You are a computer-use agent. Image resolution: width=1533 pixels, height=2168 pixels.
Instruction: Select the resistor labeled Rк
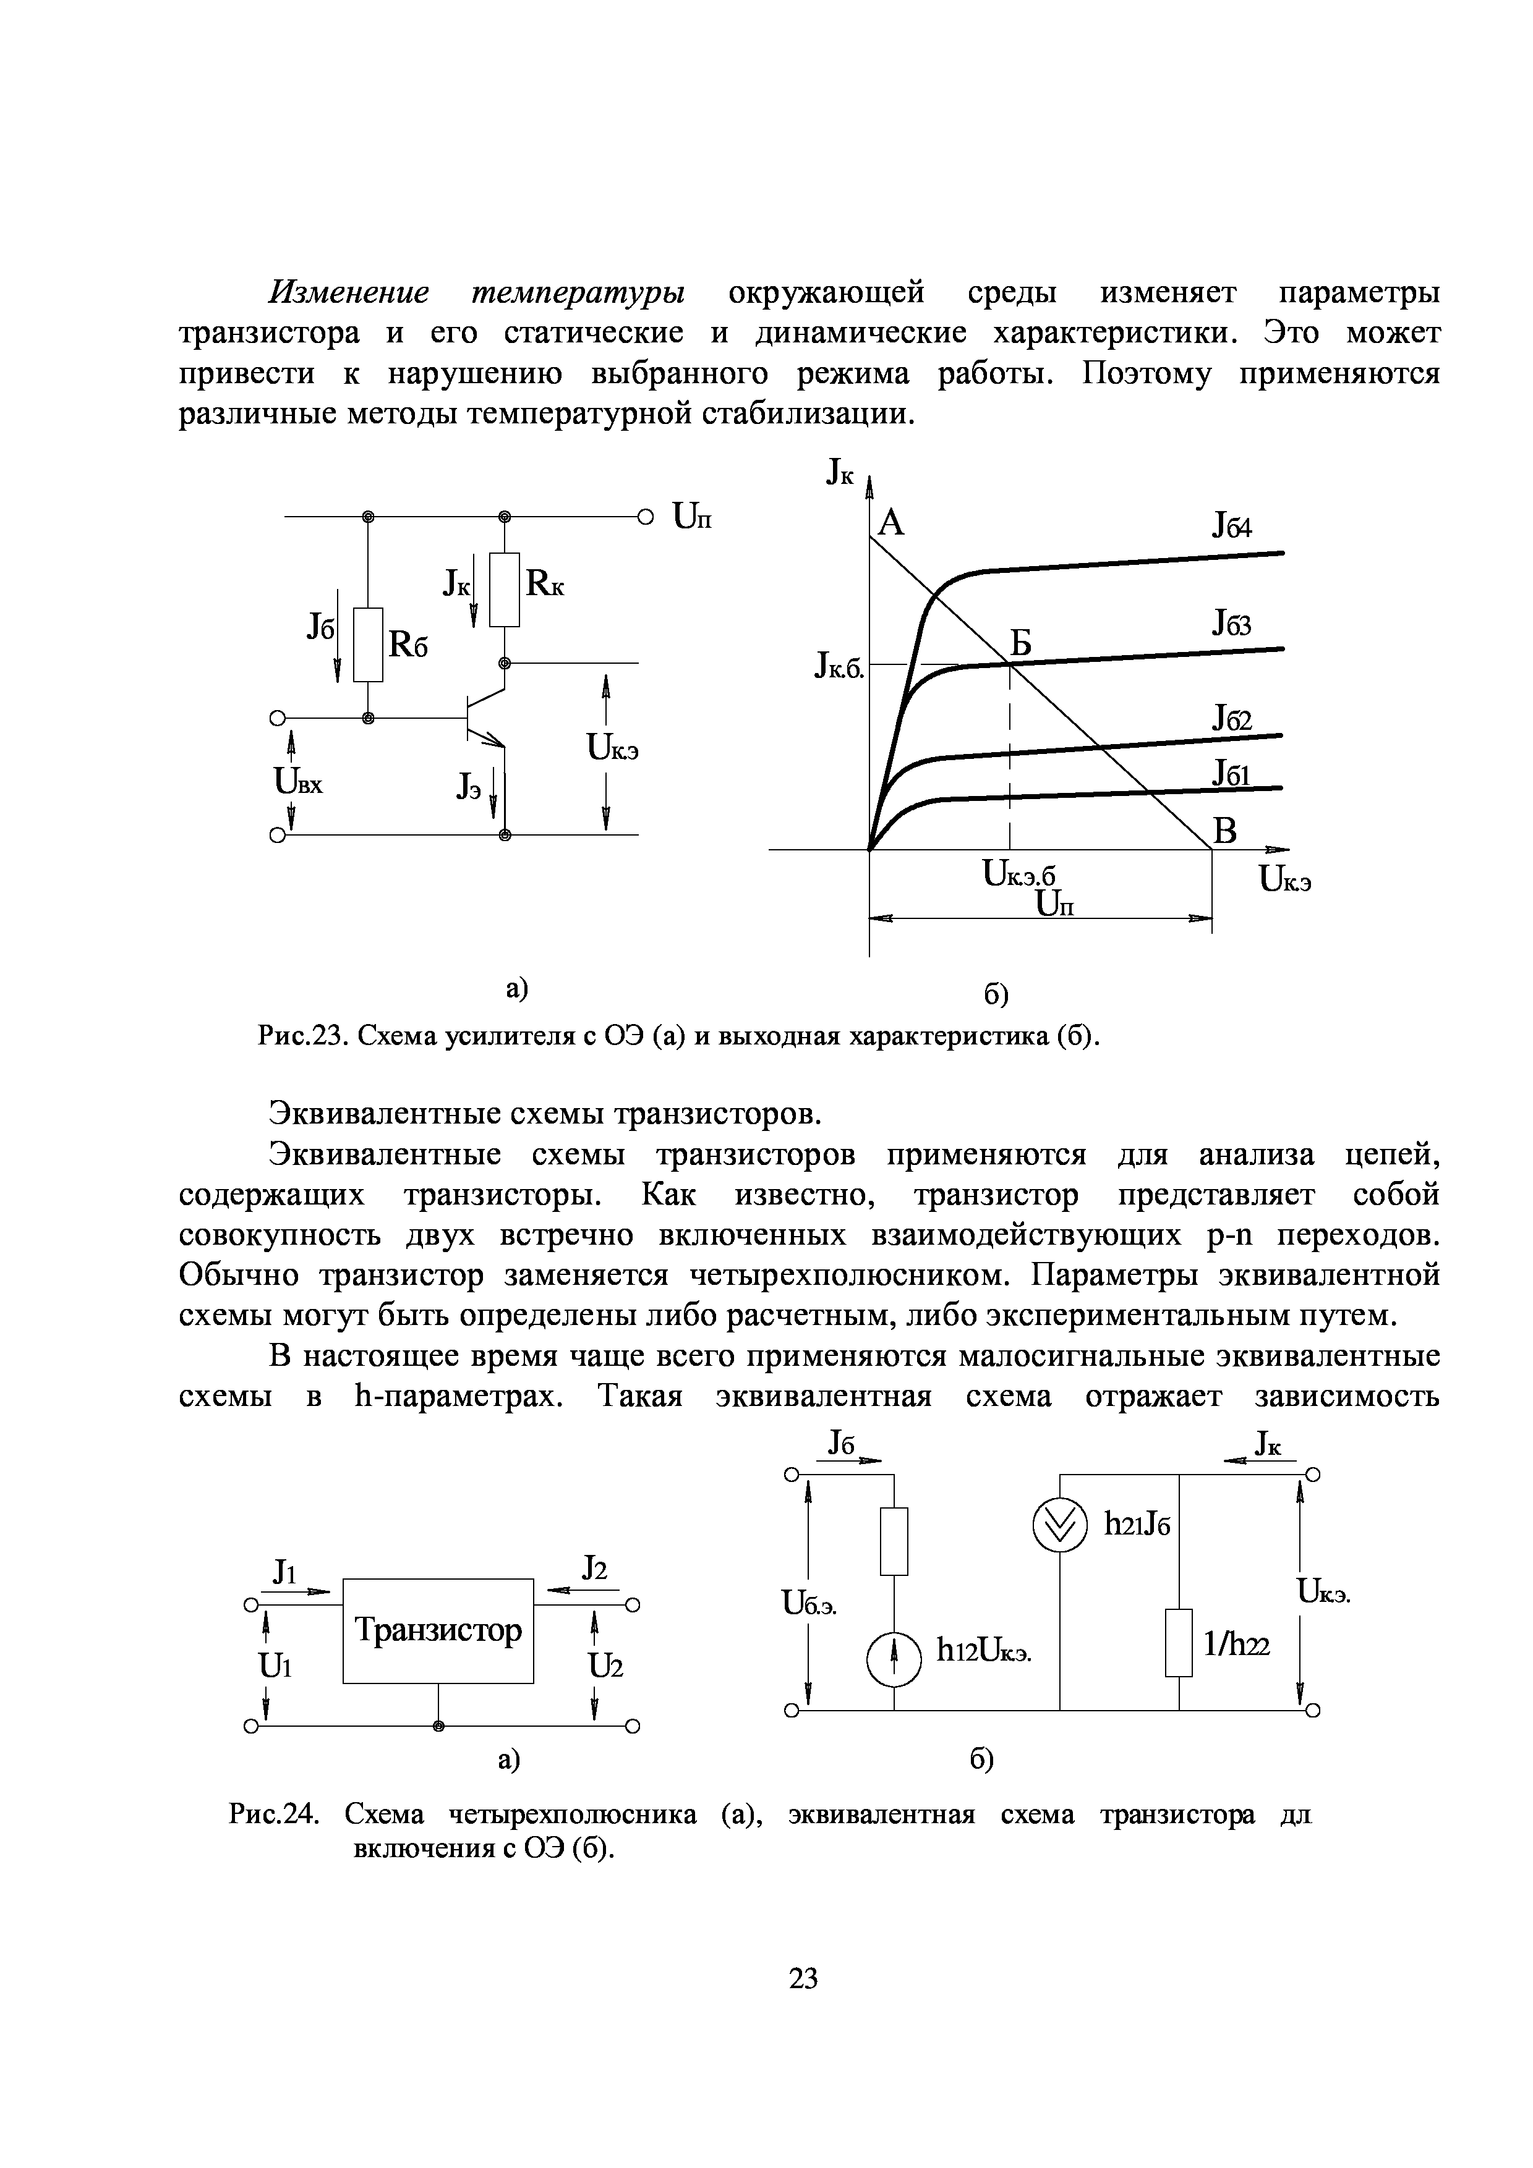click(505, 589)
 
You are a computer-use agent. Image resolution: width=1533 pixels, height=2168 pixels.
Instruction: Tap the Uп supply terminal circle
click(645, 517)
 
